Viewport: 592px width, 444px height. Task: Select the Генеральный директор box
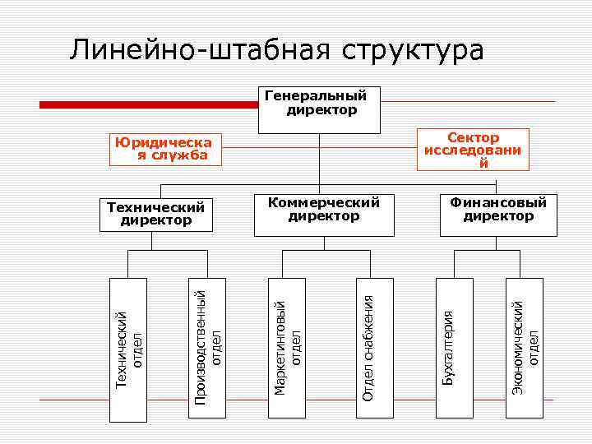point(320,109)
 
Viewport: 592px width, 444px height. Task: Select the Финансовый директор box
point(498,215)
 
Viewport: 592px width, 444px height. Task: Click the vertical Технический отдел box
point(129,349)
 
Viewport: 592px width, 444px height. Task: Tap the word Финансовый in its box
point(498,202)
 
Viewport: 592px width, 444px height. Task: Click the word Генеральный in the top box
point(316,95)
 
